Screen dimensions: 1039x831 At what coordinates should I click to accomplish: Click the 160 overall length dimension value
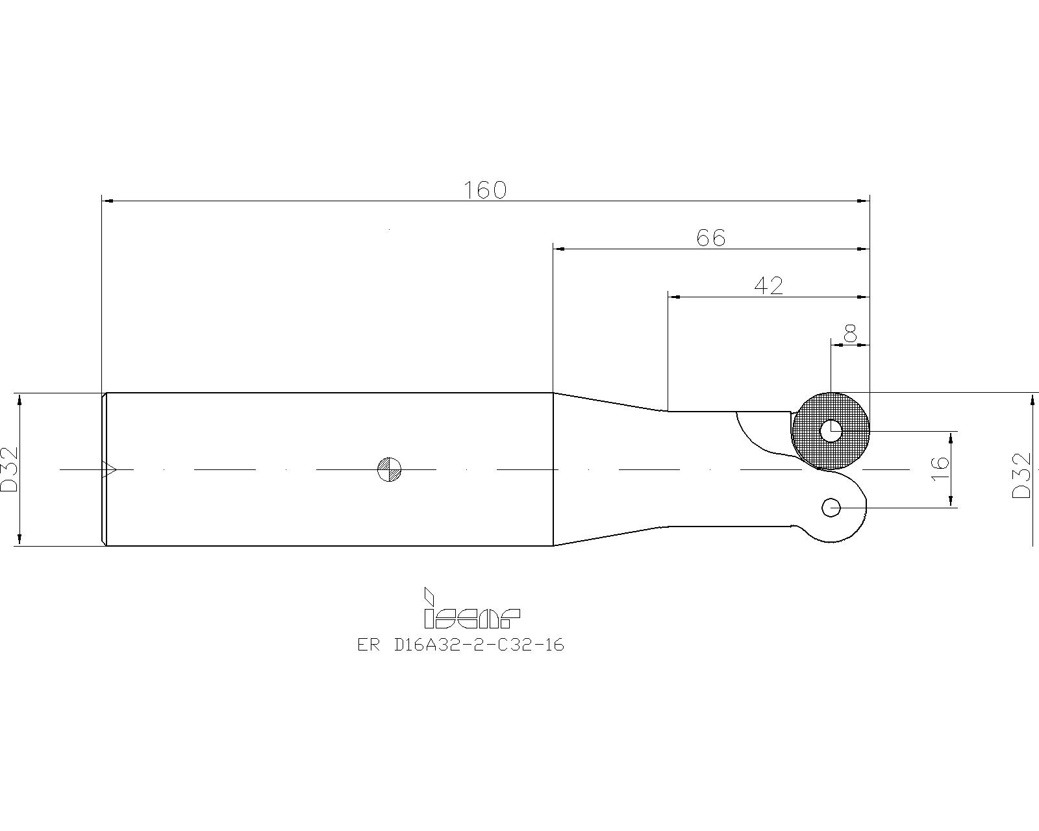point(484,190)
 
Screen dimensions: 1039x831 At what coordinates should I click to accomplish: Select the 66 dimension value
point(710,238)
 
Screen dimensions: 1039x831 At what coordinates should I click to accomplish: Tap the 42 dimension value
point(768,286)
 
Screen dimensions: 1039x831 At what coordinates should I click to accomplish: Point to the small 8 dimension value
point(850,333)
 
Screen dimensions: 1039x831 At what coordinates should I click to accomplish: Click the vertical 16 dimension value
point(940,468)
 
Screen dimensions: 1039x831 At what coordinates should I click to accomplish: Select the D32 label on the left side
point(9,469)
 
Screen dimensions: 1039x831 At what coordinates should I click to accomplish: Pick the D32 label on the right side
point(1021,475)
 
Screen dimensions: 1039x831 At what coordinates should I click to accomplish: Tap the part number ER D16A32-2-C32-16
point(460,645)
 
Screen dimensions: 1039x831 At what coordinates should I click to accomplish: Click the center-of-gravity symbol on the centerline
point(389,469)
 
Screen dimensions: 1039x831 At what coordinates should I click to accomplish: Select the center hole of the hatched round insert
point(831,430)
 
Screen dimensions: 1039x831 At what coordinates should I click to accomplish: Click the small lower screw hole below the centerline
point(831,508)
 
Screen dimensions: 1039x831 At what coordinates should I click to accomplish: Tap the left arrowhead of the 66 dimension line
point(559,249)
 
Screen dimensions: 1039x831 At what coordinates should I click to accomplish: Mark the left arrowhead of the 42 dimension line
point(674,297)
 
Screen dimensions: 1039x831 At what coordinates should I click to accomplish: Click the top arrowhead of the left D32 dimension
point(19,399)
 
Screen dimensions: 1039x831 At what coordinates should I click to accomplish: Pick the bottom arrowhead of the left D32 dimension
point(19,540)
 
